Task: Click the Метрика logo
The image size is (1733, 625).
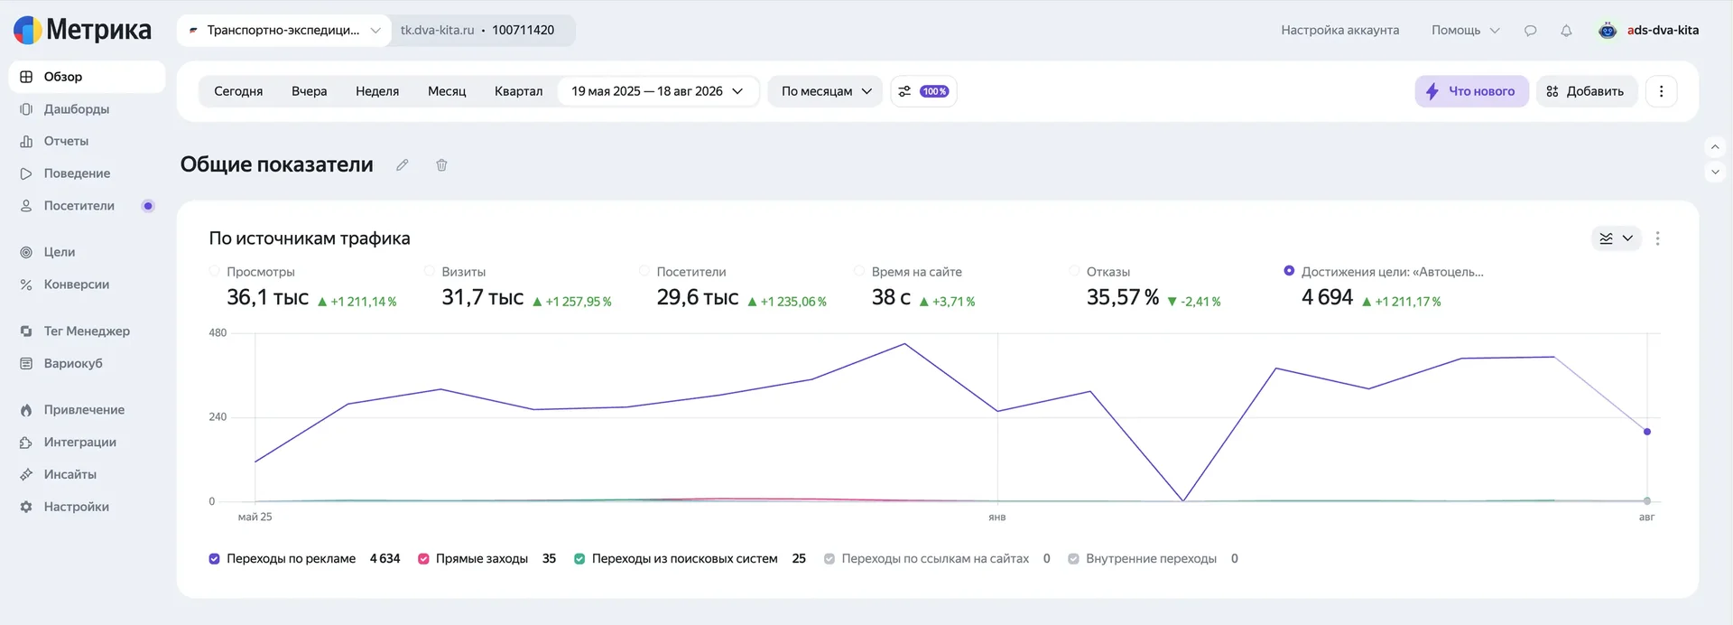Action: pos(82,30)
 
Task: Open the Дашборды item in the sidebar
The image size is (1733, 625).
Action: pos(77,109)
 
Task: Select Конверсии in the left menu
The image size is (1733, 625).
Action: pos(77,285)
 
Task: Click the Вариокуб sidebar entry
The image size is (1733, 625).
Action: pos(73,363)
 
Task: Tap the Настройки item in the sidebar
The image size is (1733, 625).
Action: pos(77,507)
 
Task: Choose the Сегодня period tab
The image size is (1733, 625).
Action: pos(238,91)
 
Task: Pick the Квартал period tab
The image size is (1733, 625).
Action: pos(518,91)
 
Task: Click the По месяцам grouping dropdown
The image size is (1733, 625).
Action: pos(825,91)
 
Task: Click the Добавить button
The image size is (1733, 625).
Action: pos(1586,91)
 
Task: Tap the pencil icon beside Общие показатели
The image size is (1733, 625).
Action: pos(403,165)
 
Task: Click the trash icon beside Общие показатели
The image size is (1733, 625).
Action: pos(441,165)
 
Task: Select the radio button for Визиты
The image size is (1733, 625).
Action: pos(430,271)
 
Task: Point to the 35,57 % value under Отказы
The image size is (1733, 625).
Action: pos(1123,297)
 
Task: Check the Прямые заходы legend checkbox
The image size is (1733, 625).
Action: pos(423,559)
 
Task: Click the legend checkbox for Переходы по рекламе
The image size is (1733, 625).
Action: pos(214,559)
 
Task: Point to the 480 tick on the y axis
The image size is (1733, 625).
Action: pos(218,332)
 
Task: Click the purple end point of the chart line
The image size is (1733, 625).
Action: pos(1647,432)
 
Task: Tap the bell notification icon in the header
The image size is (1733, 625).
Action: pos(1566,31)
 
